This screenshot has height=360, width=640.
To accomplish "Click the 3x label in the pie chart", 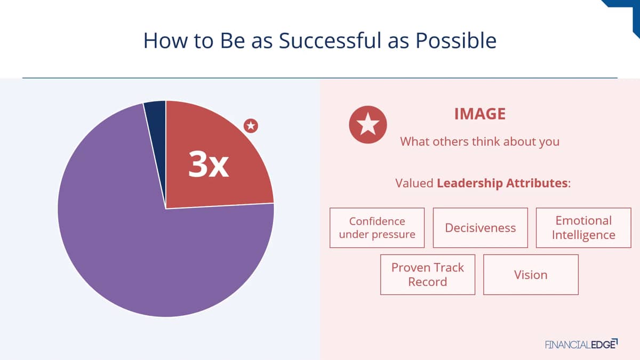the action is click(209, 164).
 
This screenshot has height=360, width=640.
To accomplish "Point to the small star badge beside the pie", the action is click(251, 126).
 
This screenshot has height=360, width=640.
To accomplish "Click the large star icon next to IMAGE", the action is click(367, 125).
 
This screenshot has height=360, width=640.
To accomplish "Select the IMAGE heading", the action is click(480, 114).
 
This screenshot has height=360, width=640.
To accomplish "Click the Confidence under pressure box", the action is click(377, 228).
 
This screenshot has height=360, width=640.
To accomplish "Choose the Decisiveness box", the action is click(481, 228).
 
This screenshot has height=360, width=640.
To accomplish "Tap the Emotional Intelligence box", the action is click(583, 228).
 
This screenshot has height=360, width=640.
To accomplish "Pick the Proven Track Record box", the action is click(428, 275).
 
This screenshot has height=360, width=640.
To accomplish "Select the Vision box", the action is click(531, 275).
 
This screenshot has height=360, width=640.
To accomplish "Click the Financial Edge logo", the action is click(581, 344).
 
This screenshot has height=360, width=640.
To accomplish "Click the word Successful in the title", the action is click(330, 41).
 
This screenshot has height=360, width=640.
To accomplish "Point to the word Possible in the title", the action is click(456, 41).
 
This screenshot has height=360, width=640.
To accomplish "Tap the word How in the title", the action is click(165, 41).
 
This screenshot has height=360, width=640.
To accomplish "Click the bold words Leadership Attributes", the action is click(502, 183).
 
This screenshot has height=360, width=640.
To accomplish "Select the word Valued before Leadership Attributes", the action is click(414, 183).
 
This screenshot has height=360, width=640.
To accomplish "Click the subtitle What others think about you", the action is click(479, 142).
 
